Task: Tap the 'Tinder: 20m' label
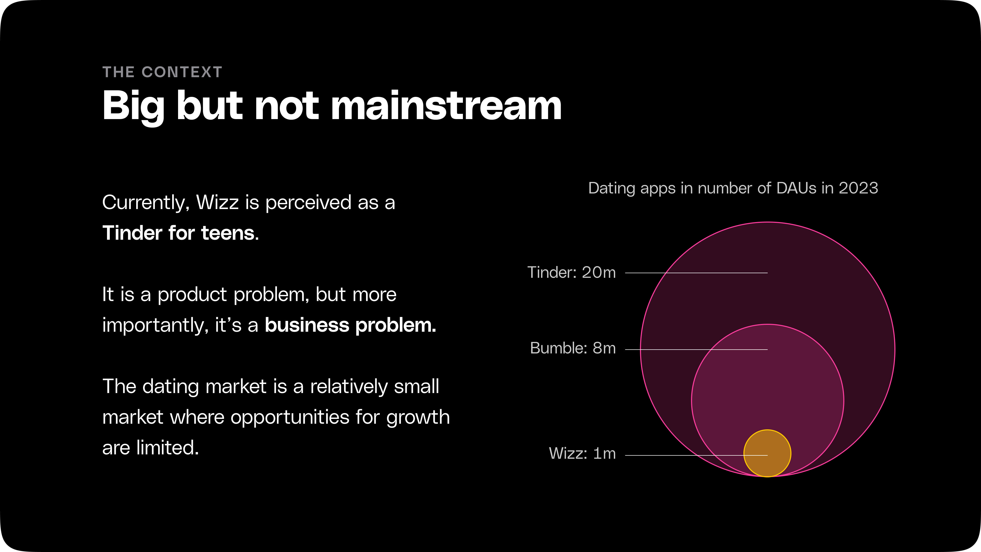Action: pos(571,272)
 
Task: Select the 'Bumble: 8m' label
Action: pos(573,348)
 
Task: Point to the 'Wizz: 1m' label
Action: pos(582,453)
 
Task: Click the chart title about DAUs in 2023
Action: pos(733,188)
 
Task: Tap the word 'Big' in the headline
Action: pos(134,107)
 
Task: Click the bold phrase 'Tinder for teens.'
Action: pos(181,233)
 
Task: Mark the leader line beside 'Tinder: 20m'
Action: pos(696,273)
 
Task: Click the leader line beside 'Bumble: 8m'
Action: pos(696,349)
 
